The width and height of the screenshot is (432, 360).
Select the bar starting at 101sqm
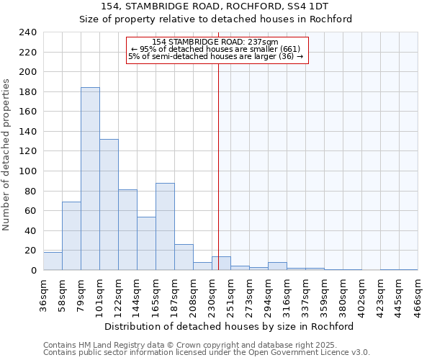tap(109, 204)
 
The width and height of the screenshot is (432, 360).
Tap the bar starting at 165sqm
tap(165, 226)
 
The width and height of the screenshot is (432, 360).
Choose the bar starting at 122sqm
tap(127, 230)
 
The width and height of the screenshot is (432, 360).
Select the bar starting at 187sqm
tap(184, 257)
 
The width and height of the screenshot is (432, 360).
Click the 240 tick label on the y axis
tap(28, 32)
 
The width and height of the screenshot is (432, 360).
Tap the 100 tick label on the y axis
tap(28, 171)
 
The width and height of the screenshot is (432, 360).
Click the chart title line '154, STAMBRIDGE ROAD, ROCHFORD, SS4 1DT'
tap(216, 6)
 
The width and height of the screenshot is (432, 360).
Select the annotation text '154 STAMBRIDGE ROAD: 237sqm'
tap(215, 42)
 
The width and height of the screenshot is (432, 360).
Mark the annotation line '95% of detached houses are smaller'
tap(215, 49)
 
